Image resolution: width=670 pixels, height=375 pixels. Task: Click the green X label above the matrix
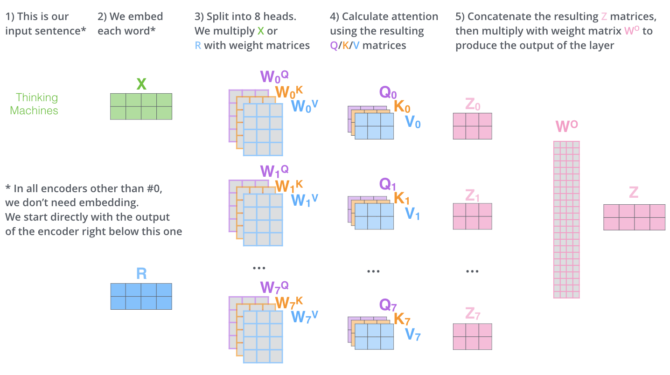(141, 84)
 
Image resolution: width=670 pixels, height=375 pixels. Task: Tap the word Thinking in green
(37, 97)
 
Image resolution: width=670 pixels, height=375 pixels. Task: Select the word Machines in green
(34, 111)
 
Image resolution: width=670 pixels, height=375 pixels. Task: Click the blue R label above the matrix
(141, 273)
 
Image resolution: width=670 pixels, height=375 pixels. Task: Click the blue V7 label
(413, 334)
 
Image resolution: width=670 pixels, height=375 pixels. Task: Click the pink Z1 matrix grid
(472, 216)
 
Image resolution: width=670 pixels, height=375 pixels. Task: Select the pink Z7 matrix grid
(472, 336)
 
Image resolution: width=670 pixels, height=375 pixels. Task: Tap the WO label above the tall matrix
(566, 126)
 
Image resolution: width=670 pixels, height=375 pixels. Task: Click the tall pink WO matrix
(566, 219)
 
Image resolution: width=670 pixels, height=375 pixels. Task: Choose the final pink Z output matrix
(634, 217)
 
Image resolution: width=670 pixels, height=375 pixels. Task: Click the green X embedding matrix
(141, 106)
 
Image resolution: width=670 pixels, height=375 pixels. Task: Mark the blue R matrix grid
(141, 296)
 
